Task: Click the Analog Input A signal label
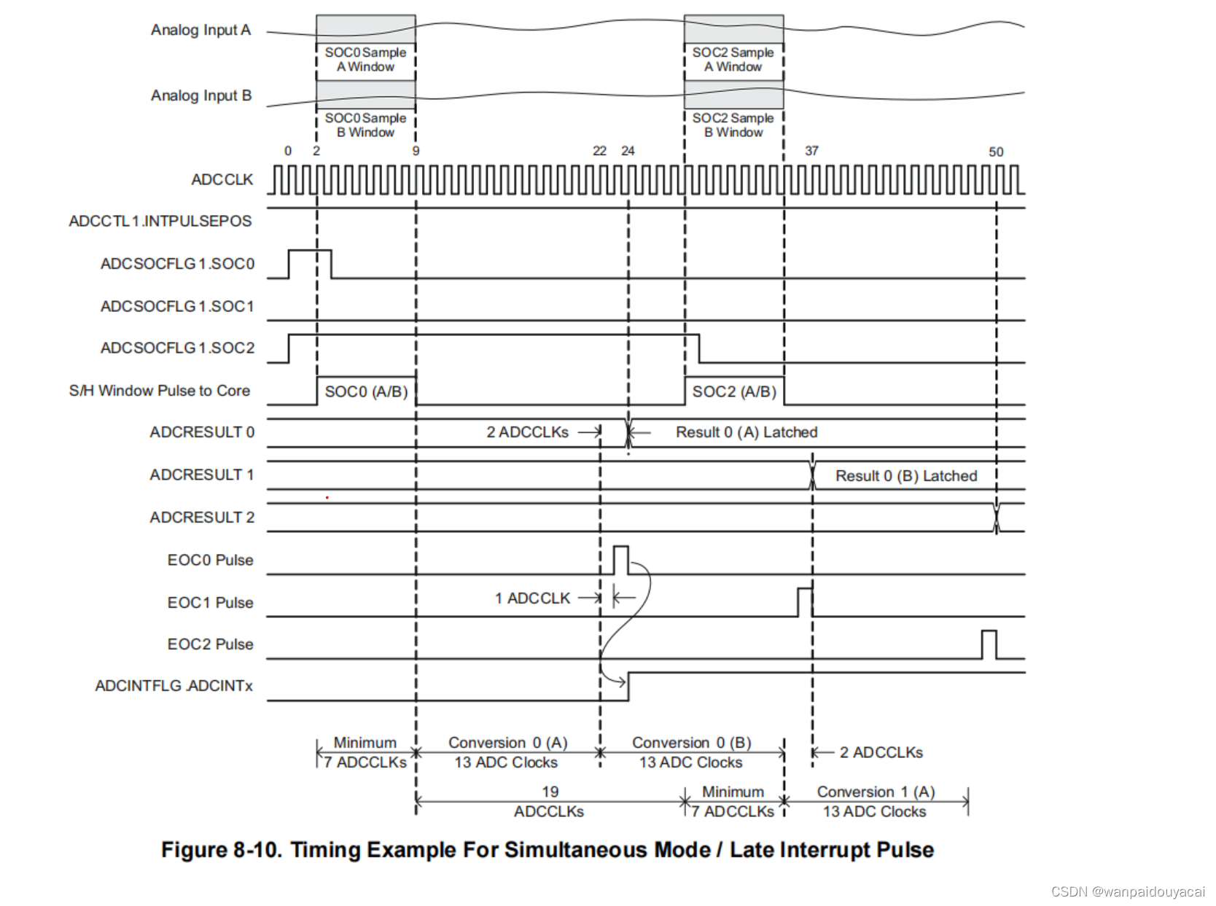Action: [200, 30]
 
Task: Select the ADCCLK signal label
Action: [222, 179]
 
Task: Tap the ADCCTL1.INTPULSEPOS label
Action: [160, 221]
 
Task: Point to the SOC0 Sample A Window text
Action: [365, 59]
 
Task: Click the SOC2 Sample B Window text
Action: [733, 125]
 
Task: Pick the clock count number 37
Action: [811, 151]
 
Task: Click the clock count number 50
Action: [996, 152]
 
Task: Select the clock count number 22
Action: [599, 151]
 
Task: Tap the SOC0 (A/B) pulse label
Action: [366, 391]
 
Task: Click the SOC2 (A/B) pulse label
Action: [734, 391]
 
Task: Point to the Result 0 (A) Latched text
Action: [747, 432]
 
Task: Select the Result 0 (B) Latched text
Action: [906, 476]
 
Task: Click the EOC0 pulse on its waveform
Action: [620, 559]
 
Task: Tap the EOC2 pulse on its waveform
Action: [989, 644]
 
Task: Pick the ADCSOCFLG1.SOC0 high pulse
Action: [310, 262]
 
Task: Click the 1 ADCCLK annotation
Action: [532, 598]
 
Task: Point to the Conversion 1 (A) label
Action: [876, 792]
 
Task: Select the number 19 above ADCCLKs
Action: [550, 792]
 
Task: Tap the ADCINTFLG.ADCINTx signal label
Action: [174, 686]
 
